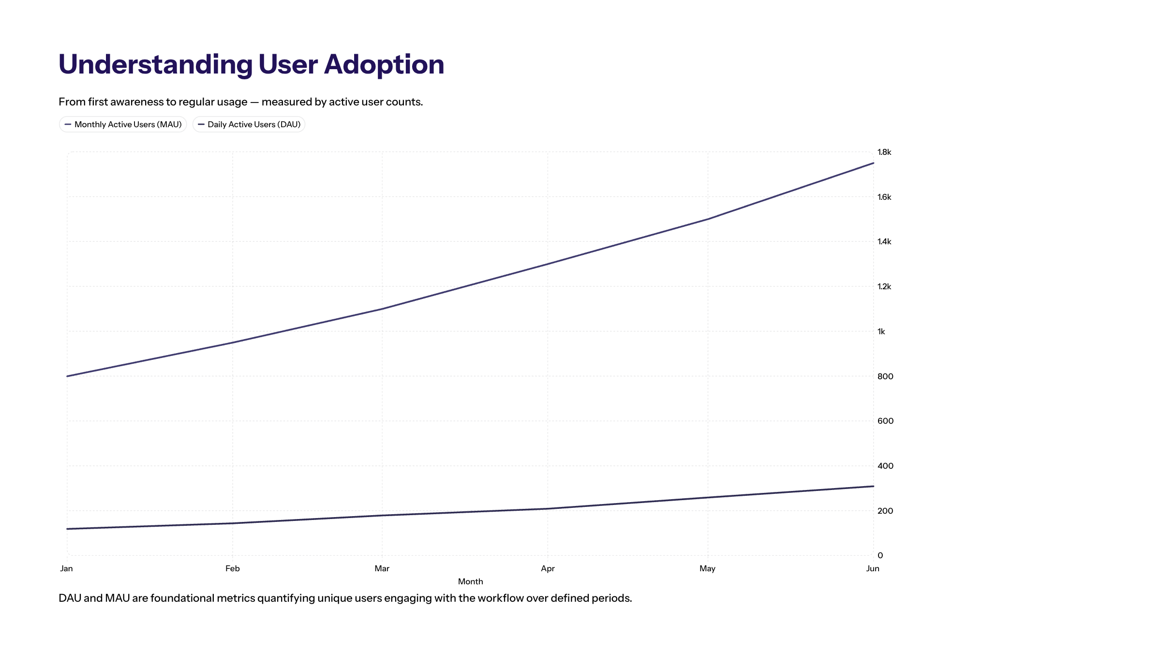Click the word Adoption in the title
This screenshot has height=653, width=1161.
click(384, 64)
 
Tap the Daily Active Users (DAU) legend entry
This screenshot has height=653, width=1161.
click(249, 124)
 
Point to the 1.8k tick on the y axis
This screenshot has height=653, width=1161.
click(884, 152)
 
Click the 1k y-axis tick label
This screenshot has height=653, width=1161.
click(881, 331)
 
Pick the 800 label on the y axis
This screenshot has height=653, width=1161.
click(885, 376)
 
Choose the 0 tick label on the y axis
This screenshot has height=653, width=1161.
click(880, 555)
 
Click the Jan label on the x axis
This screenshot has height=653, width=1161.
click(66, 568)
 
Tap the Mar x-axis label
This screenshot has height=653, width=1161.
click(382, 568)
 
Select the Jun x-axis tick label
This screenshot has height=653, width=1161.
click(872, 568)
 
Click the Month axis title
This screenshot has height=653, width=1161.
click(470, 581)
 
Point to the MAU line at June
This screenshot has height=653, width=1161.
click(873, 163)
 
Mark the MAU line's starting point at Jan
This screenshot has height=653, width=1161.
click(67, 376)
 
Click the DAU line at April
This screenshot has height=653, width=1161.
click(548, 508)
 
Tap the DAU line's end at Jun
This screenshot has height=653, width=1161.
click(873, 486)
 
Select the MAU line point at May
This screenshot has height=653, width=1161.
click(708, 219)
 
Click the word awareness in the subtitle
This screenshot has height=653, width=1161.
click(137, 102)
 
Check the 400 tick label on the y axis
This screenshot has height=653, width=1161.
click(885, 466)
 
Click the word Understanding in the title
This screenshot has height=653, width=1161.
click(155, 64)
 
